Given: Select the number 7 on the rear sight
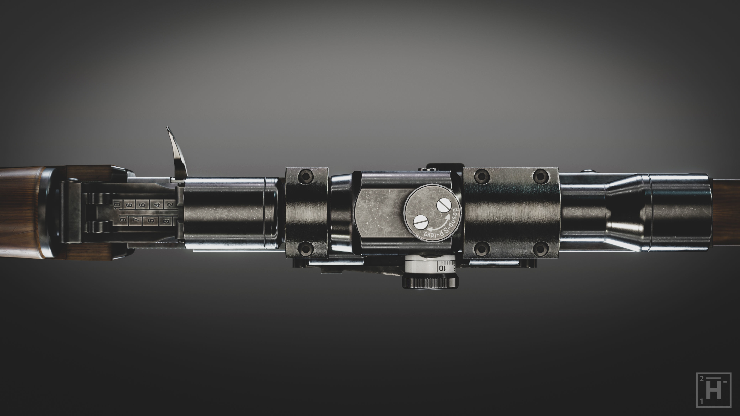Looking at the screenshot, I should [x=135, y=221].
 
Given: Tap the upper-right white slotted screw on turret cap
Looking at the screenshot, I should [x=444, y=205].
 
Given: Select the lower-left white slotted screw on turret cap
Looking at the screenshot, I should [x=421, y=222].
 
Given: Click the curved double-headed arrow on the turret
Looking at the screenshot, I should [x=440, y=224].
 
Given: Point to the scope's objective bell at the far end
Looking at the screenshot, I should [x=681, y=212].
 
